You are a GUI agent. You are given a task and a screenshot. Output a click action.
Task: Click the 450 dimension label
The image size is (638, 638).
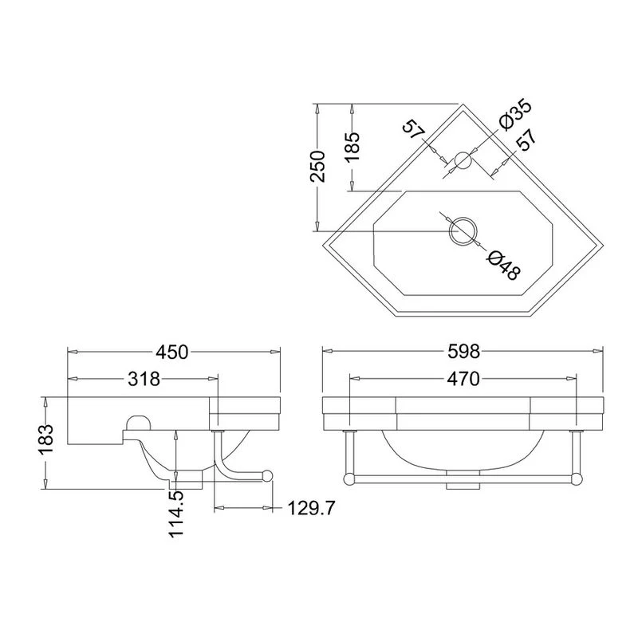click(172, 352)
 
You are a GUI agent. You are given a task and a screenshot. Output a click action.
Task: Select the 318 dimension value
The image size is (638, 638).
click(144, 380)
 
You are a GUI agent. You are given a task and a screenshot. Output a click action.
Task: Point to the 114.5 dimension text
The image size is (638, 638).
click(178, 514)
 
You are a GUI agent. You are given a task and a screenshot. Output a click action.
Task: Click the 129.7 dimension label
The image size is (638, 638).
click(311, 508)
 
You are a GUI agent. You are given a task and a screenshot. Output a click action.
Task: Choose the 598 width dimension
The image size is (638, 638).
click(463, 352)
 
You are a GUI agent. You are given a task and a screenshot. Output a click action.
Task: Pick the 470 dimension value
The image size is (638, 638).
click(463, 380)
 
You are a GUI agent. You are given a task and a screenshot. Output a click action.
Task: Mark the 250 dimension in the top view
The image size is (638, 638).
click(317, 166)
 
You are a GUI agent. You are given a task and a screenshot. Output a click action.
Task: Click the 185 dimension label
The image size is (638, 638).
click(352, 147)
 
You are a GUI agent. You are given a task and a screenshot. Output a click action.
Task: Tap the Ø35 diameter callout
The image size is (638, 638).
click(514, 114)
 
